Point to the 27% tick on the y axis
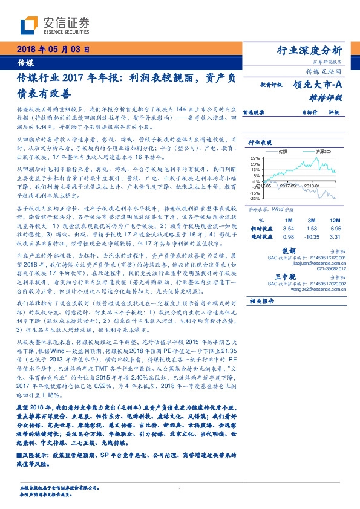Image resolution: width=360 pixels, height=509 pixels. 255,157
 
